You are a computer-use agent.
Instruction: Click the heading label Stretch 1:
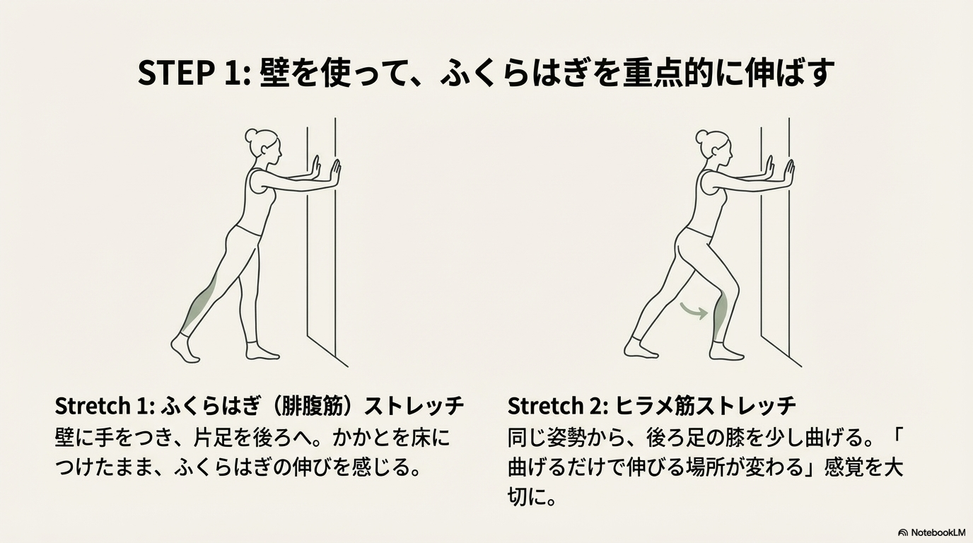[x=105, y=406]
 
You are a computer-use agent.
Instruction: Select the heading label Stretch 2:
[x=559, y=406]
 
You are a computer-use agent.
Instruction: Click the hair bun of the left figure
[x=250, y=134]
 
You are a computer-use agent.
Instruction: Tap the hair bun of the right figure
[x=702, y=136]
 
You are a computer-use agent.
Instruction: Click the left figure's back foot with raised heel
[x=185, y=349]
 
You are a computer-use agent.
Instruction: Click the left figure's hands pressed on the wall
[x=326, y=171]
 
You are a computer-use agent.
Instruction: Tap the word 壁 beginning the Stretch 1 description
[x=66, y=438]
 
